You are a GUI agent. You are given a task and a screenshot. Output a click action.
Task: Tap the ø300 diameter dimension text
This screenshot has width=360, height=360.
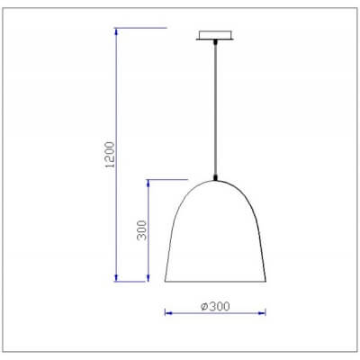click(215, 305)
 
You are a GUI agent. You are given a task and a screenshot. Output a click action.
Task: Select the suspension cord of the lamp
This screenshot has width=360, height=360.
click(215, 108)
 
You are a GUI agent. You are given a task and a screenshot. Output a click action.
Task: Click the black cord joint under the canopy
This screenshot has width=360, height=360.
click(215, 44)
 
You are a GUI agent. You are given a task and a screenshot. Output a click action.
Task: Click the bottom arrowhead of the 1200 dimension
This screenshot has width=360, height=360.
click(117, 278)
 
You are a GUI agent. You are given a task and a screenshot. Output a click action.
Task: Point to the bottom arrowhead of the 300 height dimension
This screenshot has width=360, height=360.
click(149, 278)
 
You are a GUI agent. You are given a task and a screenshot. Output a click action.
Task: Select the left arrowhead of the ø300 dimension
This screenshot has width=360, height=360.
click(167, 312)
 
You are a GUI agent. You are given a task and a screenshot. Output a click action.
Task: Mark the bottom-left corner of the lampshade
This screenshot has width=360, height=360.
click(166, 281)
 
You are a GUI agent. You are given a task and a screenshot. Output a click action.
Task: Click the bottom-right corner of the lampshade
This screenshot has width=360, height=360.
click(265, 281)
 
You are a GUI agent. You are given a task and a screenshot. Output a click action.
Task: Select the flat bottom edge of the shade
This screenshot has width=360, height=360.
click(216, 281)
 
